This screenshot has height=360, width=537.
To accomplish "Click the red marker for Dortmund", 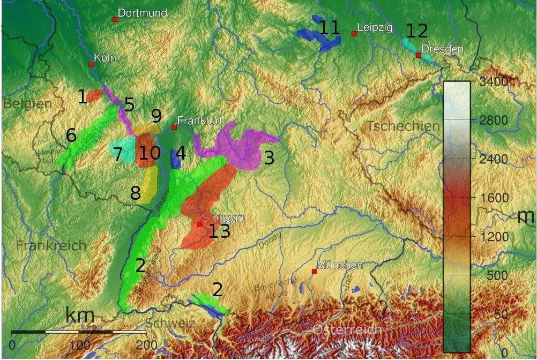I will tap(115, 20).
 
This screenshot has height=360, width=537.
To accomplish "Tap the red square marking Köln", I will tap(91, 64).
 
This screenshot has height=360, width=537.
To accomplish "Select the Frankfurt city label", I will tap(199, 120).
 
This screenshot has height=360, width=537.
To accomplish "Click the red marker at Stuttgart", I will tap(199, 224).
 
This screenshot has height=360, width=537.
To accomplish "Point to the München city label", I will tap(340, 265).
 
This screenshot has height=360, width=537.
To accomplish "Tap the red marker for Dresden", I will tap(418, 55).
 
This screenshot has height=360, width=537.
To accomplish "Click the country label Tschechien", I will tap(402, 127).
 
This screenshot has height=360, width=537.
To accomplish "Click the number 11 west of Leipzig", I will tap(330, 27).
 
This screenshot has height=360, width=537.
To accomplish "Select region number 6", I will tap(71, 135).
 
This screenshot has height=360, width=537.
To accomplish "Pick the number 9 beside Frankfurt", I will tap(156, 116).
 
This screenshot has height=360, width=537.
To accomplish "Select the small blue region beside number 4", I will tap(175, 160).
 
